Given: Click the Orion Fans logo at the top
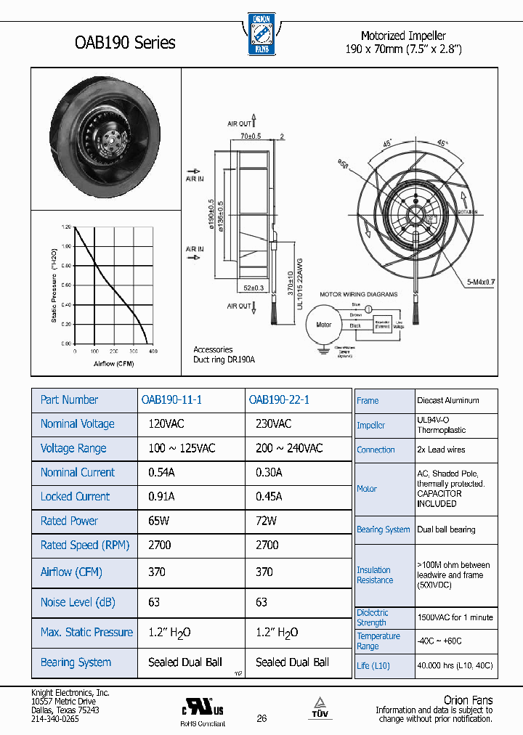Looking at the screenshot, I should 261,34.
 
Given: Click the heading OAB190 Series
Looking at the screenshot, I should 125,43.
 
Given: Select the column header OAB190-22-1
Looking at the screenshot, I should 279,399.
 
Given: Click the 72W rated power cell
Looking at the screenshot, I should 267,521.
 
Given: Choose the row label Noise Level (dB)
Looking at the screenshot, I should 78,602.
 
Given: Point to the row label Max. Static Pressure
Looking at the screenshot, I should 86,633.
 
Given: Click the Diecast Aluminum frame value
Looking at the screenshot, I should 447,400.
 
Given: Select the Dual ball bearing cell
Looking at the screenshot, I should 446,529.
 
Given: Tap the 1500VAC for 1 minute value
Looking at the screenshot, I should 455,617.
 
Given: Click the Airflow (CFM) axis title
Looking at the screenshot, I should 113,363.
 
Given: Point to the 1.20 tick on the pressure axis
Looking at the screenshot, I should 66,227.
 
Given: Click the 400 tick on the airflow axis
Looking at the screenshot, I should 153,352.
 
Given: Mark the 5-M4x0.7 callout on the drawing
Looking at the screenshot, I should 479,281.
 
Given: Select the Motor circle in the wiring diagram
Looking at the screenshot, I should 323,325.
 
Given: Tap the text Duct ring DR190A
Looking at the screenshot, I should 224,360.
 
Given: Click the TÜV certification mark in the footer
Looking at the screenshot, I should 320,708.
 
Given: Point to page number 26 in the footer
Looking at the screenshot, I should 261,718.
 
